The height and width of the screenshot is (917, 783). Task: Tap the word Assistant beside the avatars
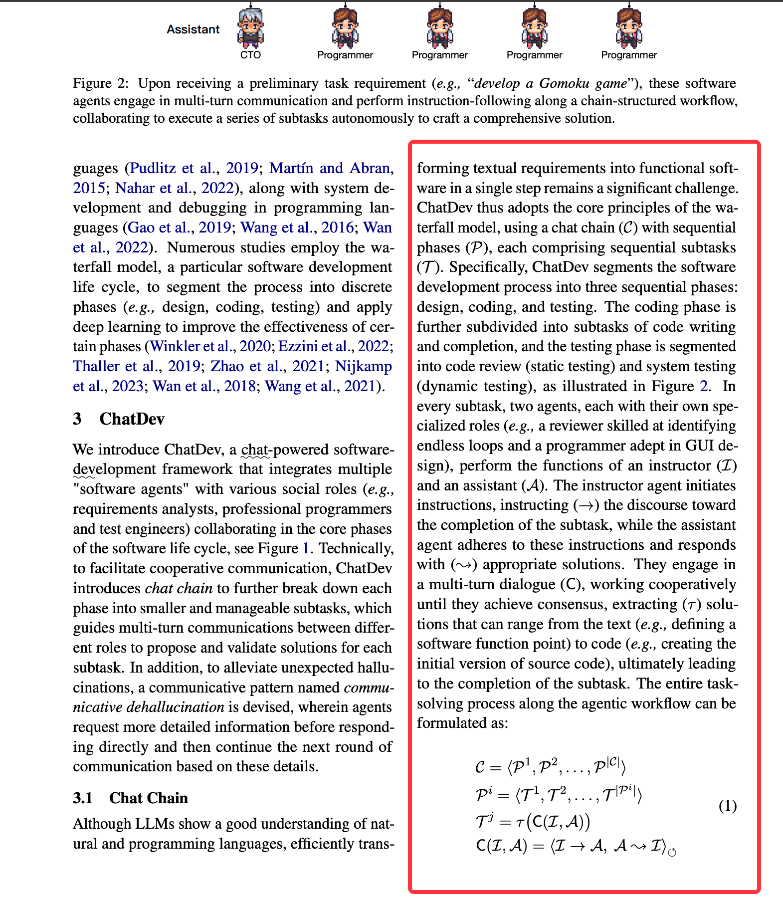point(193,29)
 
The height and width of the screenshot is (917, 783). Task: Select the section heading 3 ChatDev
point(119,419)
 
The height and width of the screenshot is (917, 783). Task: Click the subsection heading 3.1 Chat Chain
point(130,798)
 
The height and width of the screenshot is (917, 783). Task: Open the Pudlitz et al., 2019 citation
point(194,168)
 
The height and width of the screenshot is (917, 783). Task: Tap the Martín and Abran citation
point(329,168)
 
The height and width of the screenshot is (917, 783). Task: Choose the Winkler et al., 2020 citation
point(210,346)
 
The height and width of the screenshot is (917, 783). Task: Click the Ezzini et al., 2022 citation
point(333,346)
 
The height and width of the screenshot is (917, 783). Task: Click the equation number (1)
point(727,806)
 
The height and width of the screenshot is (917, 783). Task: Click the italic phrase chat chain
point(179,588)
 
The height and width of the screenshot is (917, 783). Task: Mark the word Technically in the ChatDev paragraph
point(356,548)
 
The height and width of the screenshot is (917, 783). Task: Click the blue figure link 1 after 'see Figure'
point(305,548)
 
